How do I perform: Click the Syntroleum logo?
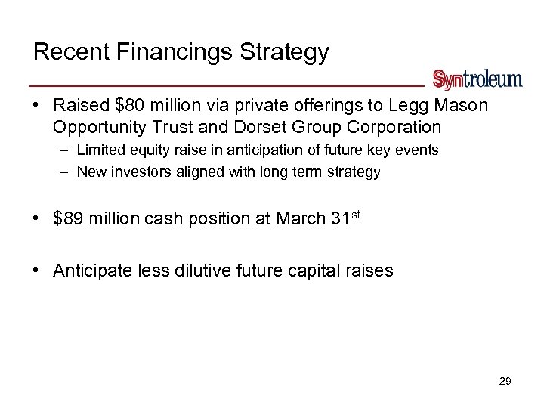click(477, 79)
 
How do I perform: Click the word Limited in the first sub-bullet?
click(100, 150)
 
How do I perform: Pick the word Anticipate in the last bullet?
click(89, 270)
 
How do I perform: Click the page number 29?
click(505, 382)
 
